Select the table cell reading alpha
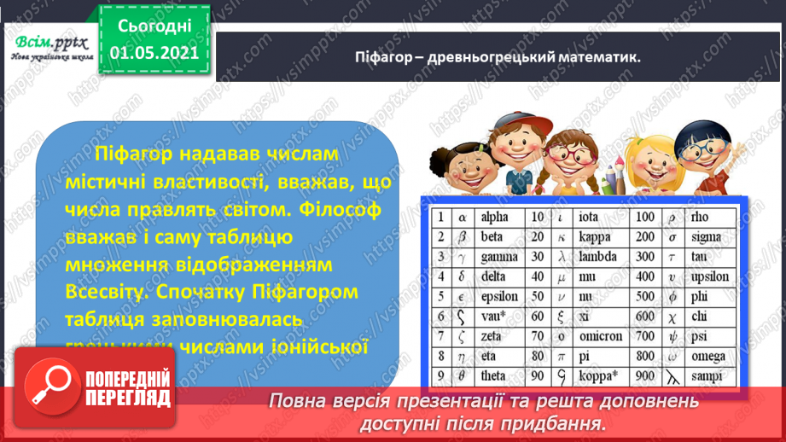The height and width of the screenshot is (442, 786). pos(494,217)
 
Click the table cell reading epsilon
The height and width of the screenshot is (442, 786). pos(500,297)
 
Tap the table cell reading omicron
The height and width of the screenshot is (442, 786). pos(602,336)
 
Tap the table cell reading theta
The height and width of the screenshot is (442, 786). pos(495,376)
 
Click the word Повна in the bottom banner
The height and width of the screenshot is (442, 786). pos(295,399)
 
